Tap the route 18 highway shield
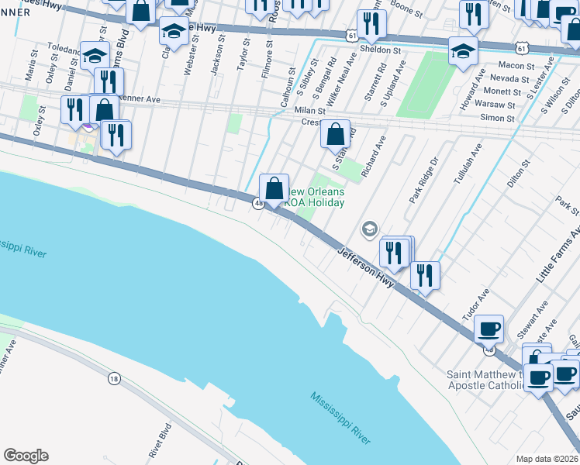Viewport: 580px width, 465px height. pyautogui.click(x=114, y=378)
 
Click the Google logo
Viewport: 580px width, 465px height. pyautogui.click(x=26, y=456)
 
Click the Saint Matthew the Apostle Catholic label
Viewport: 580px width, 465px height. pyautogui.click(x=485, y=380)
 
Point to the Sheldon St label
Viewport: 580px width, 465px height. pyautogui.click(x=383, y=49)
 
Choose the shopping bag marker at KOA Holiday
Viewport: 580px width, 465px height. pyautogui.click(x=274, y=188)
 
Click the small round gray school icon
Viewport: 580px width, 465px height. pyautogui.click(x=369, y=229)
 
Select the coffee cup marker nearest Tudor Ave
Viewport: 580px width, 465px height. pyautogui.click(x=489, y=329)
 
